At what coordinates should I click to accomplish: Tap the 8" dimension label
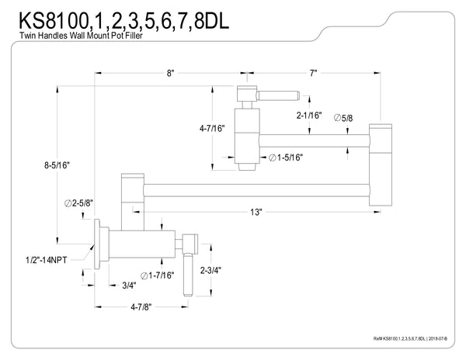170,72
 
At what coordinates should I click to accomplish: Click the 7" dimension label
314,72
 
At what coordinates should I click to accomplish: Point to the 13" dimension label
256,211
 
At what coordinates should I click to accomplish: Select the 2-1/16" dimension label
308,115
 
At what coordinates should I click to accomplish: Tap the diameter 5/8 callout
344,118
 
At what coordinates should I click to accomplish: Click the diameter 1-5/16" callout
286,157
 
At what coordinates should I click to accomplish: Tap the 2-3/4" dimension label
211,271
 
